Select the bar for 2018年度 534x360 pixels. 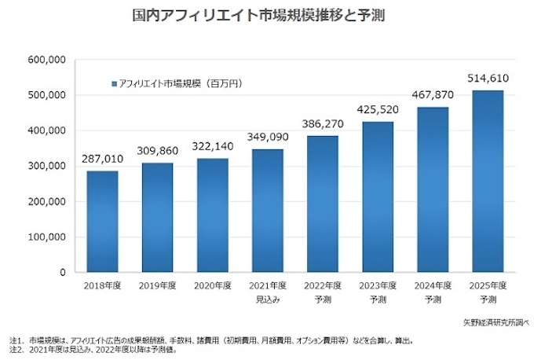click(x=102, y=222)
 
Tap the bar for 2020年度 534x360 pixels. click(x=213, y=215)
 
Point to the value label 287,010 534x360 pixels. click(x=102, y=160)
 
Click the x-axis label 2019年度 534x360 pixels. click(x=157, y=287)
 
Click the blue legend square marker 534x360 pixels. click(x=114, y=83)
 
